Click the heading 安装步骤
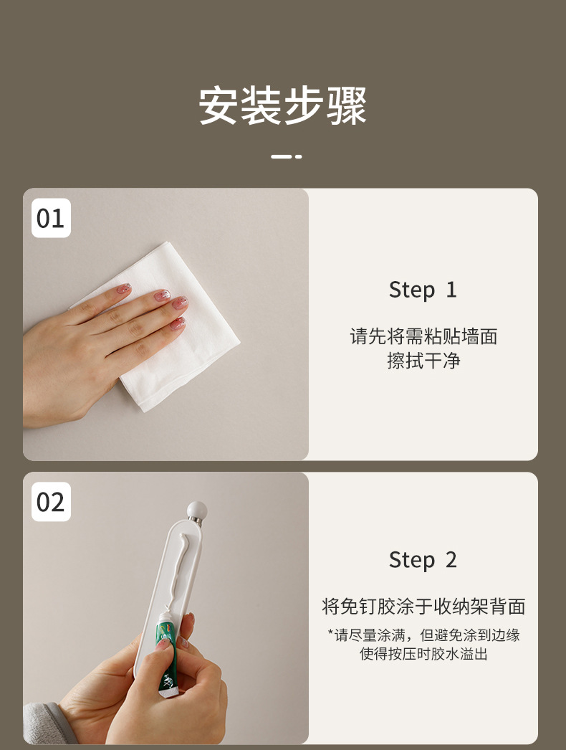tap(282, 106)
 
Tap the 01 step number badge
tap(50, 218)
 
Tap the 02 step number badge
tap(50, 502)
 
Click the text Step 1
tap(423, 290)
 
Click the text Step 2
tap(423, 560)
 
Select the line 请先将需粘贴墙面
tap(423, 336)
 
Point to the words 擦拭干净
tap(423, 361)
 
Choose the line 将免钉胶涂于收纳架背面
tap(423, 607)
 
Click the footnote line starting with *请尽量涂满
tap(423, 635)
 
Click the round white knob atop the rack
tap(196, 511)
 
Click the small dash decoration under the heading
tap(287, 156)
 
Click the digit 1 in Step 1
tap(451, 290)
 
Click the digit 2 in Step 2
tap(451, 560)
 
